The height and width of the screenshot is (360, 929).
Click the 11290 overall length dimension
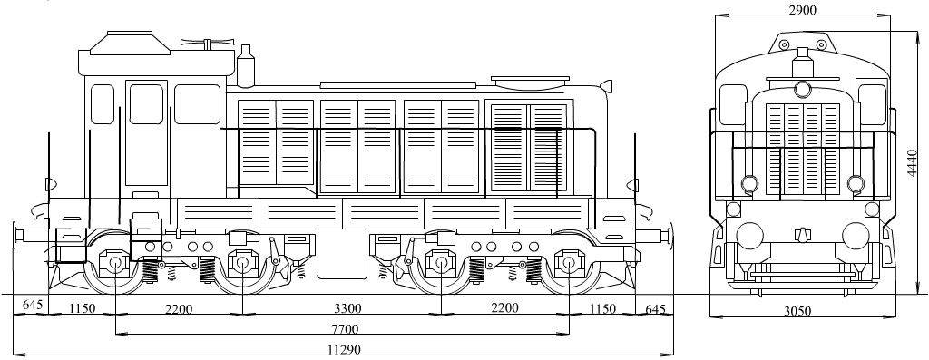click(x=344, y=349)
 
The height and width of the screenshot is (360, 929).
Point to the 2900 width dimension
click(x=803, y=9)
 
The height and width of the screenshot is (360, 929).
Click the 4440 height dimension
click(x=912, y=163)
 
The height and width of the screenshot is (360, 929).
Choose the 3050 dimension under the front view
click(x=797, y=311)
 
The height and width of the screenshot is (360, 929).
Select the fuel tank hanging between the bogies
click(x=341, y=254)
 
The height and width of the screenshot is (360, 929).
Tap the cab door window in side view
click(x=146, y=103)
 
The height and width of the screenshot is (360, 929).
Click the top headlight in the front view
click(x=802, y=89)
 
